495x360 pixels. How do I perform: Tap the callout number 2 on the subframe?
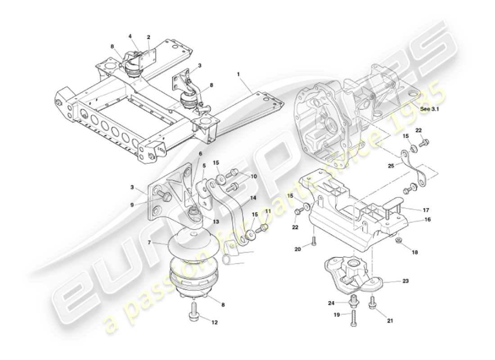click(x=148, y=37)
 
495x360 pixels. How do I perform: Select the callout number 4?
click(x=130, y=36)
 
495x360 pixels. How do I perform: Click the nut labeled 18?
click(x=399, y=243)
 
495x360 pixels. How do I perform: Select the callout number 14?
click(x=253, y=198)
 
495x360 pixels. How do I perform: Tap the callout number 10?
click(x=254, y=177)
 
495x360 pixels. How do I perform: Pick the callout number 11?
click(x=268, y=211)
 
